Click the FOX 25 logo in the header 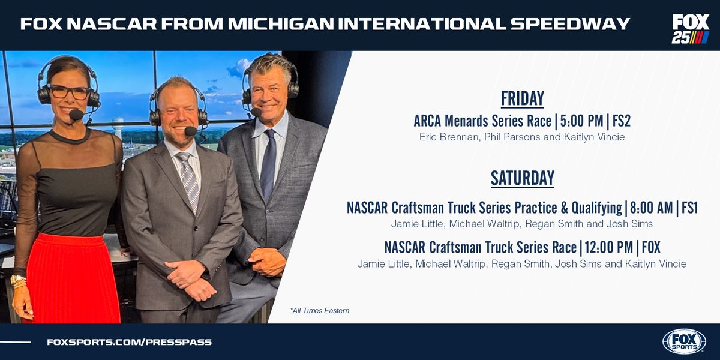(690, 28)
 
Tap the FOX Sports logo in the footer (684, 341)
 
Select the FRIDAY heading (522, 98)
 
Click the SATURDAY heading (522, 178)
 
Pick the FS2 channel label (621, 122)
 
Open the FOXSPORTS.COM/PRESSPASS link (129, 342)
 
